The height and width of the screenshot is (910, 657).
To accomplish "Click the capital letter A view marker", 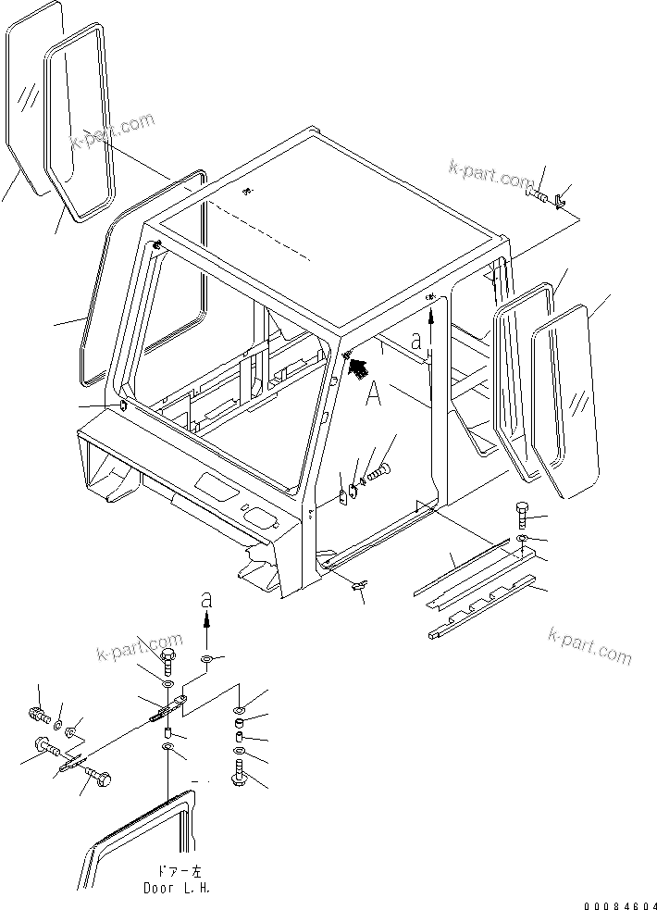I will (373, 395).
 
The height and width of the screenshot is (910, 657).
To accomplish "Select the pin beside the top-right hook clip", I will (539, 194).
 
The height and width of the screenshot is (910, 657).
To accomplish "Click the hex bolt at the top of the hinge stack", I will (167, 661).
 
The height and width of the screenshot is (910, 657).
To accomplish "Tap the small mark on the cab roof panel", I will (246, 192).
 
